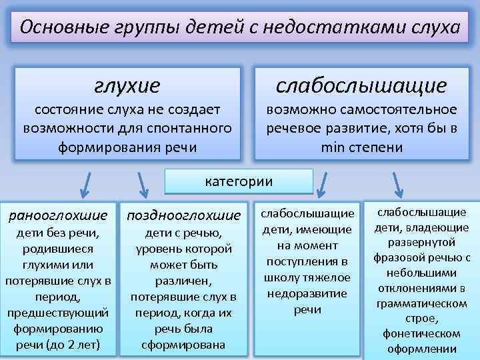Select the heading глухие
coord(127,85)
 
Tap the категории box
coord(239,181)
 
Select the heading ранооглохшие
coord(57,215)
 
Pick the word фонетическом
coord(421,333)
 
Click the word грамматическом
coord(421,303)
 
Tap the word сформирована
coord(183,345)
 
